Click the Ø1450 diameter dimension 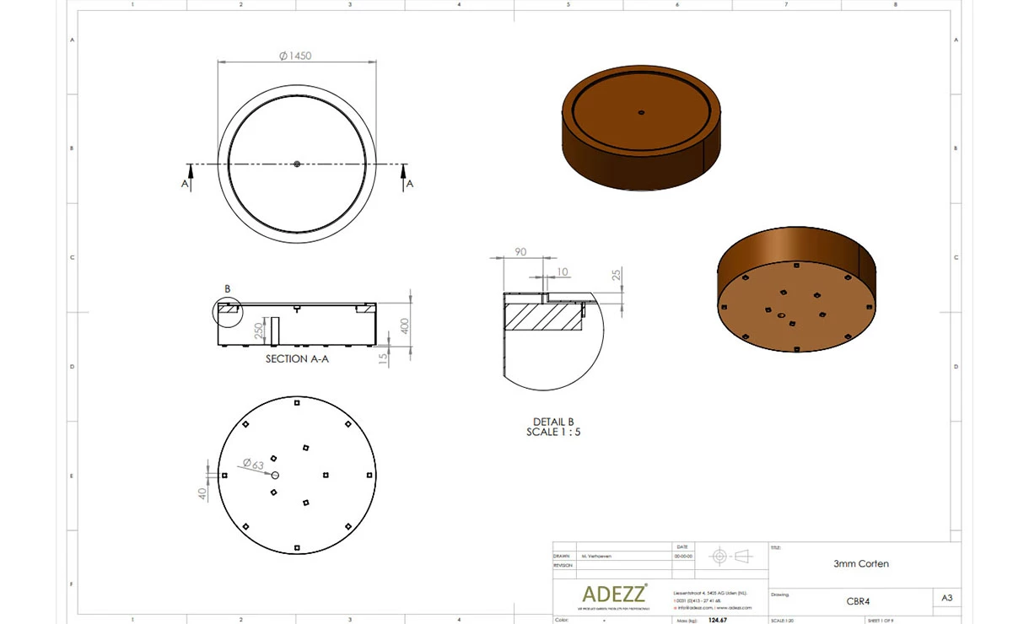pos(295,56)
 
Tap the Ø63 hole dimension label pos(253,463)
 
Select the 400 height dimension pos(405,325)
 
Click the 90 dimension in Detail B pos(520,251)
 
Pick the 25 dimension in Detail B pos(617,275)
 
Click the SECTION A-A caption pos(297,358)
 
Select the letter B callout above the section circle pos(227,289)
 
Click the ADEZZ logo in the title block pos(614,593)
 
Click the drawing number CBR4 pos(858,601)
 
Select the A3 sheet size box pos(947,598)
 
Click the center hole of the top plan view pos(297,164)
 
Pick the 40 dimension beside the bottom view pos(202,493)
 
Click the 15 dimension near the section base pos(384,358)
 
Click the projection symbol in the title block pos(730,556)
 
